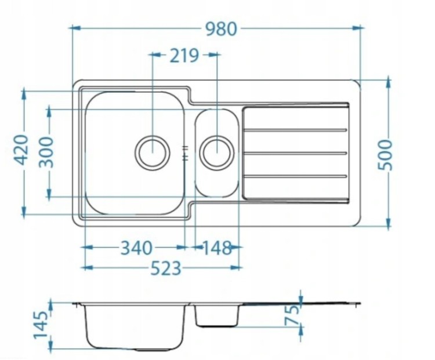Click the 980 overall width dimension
tap(222, 28)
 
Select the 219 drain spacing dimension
tap(184, 55)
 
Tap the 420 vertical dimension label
tap(21, 150)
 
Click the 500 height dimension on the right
tap(385, 155)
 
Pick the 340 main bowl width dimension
tap(136, 248)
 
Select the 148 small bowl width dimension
tap(217, 248)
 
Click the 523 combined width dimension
tap(166, 268)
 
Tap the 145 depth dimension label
tap(41, 325)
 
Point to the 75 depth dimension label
tap(293, 315)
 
